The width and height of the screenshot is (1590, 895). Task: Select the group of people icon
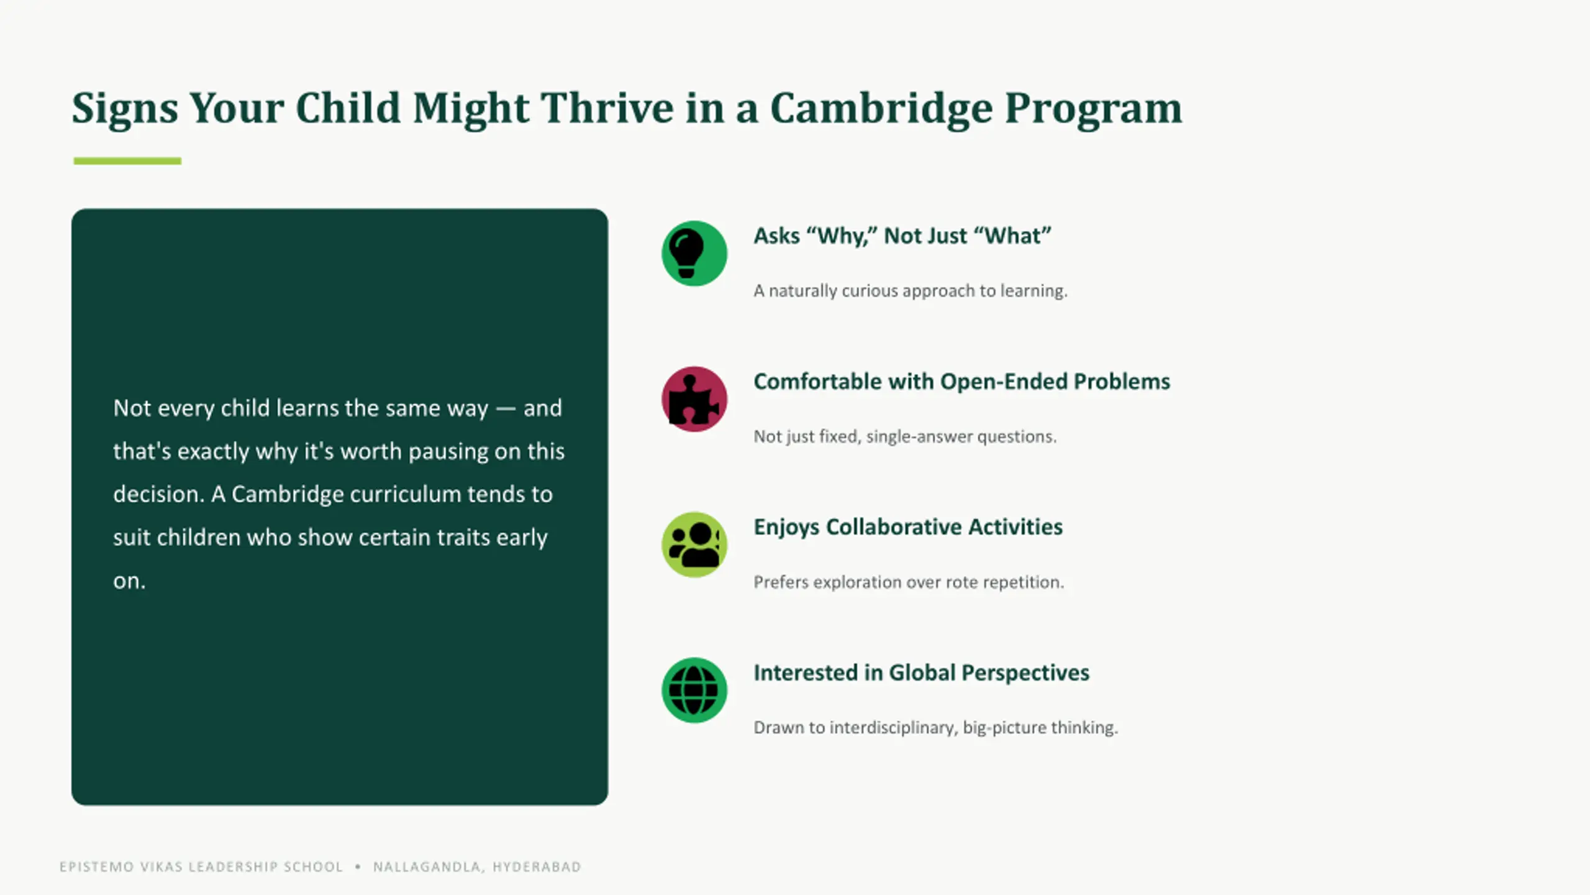(x=694, y=545)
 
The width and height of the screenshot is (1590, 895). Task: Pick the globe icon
(x=694, y=691)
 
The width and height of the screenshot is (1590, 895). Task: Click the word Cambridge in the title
(x=881, y=109)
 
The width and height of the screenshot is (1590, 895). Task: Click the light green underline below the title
(x=127, y=161)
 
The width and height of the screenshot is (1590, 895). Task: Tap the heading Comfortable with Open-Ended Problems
(x=961, y=382)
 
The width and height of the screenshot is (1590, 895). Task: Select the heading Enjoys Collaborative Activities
(x=908, y=527)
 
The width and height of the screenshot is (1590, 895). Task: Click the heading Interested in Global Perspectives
(x=921, y=672)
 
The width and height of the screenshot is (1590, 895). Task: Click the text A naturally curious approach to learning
(x=911, y=291)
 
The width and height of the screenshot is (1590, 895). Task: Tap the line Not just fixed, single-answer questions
(x=905, y=436)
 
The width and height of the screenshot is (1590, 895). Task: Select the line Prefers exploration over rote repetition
(x=909, y=582)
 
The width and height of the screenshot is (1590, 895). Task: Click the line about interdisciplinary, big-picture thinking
(x=935, y=727)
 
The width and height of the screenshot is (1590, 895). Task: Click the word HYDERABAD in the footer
(x=537, y=867)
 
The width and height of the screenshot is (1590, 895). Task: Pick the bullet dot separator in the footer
(x=358, y=866)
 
